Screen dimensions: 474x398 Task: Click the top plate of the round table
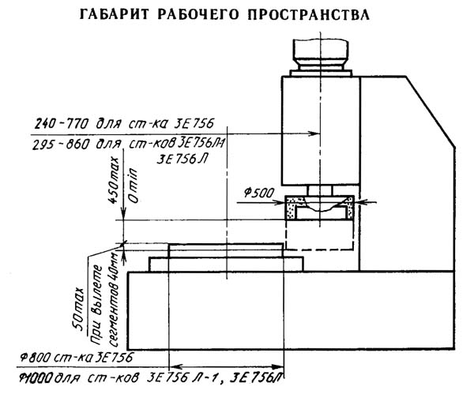[x=224, y=250]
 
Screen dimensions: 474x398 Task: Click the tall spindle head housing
[x=321, y=126]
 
